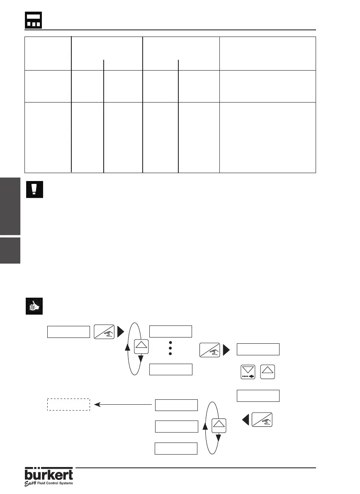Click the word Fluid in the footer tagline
(43, 483)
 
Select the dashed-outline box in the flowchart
(68, 405)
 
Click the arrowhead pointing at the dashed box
(97, 404)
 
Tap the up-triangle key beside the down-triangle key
(268, 372)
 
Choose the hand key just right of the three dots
(210, 350)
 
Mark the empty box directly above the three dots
(170, 332)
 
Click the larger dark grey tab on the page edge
(10, 206)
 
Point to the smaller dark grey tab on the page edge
(10, 250)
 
